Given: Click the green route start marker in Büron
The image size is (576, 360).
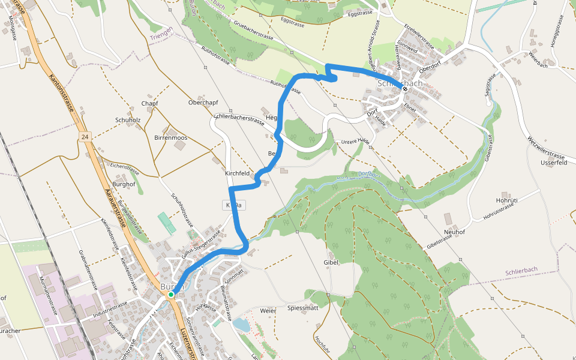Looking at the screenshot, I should tap(171, 295).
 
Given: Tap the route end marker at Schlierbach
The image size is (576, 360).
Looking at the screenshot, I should tap(405, 89).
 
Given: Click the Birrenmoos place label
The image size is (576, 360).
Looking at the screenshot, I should tap(171, 138).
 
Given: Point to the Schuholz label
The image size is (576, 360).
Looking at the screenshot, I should tap(128, 120).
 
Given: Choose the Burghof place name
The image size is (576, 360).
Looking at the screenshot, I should tap(124, 184).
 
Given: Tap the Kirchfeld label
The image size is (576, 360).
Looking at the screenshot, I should tap(236, 173).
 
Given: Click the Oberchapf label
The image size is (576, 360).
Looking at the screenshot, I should tap(203, 102).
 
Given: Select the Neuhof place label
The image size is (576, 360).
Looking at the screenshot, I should tap(454, 232).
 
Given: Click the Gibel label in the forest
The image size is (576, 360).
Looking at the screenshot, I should tap(331, 262).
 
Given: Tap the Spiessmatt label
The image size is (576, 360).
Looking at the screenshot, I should tap(303, 308).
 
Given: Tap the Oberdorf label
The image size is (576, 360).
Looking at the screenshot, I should tap(430, 67).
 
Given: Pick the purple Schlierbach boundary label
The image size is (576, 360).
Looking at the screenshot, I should tap(521, 271).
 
